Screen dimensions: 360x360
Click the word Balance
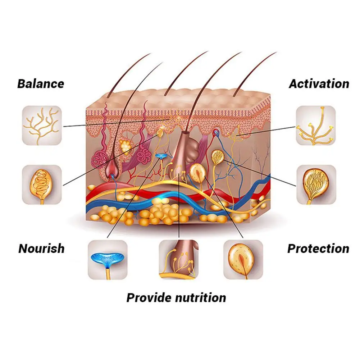coord(41,84)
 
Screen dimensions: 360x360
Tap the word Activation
coord(319,84)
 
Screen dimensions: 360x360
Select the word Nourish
coord(41,249)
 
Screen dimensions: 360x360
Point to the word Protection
coord(318,249)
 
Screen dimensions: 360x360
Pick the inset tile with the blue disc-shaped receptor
coord(108,260)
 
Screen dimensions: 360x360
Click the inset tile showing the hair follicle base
coord(179,260)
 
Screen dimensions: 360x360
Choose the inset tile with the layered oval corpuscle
coord(243,260)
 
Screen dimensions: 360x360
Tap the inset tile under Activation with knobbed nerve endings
coord(315,125)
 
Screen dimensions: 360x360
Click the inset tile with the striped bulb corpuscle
coord(315,184)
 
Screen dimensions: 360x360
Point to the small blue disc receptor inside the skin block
coord(161,156)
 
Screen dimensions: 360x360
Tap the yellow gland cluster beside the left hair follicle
coord(126,146)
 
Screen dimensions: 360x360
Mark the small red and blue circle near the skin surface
coord(216,132)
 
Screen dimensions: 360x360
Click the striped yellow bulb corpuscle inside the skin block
coord(217,156)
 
